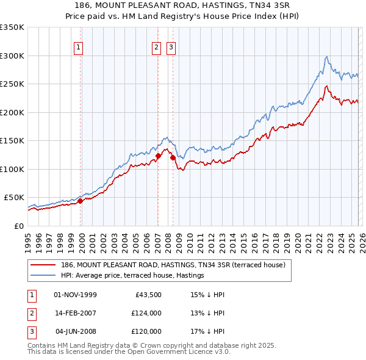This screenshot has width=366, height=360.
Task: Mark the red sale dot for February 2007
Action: [x=158, y=156]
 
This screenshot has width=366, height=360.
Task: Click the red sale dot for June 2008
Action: [x=173, y=157]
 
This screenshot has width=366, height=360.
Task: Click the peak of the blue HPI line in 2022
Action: [x=327, y=57]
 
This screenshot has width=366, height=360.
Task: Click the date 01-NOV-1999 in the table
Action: [x=75, y=295]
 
